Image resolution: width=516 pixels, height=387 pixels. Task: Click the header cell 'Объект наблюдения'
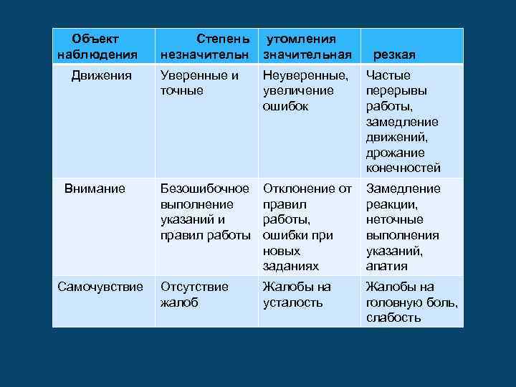point(97,46)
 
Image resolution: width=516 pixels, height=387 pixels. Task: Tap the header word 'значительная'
point(307,54)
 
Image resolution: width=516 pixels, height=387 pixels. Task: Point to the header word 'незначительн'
point(204,54)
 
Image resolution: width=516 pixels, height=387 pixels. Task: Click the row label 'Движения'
point(101,75)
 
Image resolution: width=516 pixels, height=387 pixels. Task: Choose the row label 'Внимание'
point(95,188)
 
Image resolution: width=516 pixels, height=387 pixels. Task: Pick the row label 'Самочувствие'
point(100,287)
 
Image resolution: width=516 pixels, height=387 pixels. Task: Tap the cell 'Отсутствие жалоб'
point(194,294)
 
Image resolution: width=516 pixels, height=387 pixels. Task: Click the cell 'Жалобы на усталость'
point(297,294)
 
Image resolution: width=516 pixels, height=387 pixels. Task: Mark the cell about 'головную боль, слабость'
point(411,302)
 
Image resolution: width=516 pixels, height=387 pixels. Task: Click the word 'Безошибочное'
point(205,188)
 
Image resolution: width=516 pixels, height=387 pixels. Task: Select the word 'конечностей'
point(403,168)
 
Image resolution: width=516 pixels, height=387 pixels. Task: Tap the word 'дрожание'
point(395,153)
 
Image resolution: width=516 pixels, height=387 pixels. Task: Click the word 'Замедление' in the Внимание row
point(403,188)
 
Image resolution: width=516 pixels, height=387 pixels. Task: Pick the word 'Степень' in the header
point(223,37)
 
